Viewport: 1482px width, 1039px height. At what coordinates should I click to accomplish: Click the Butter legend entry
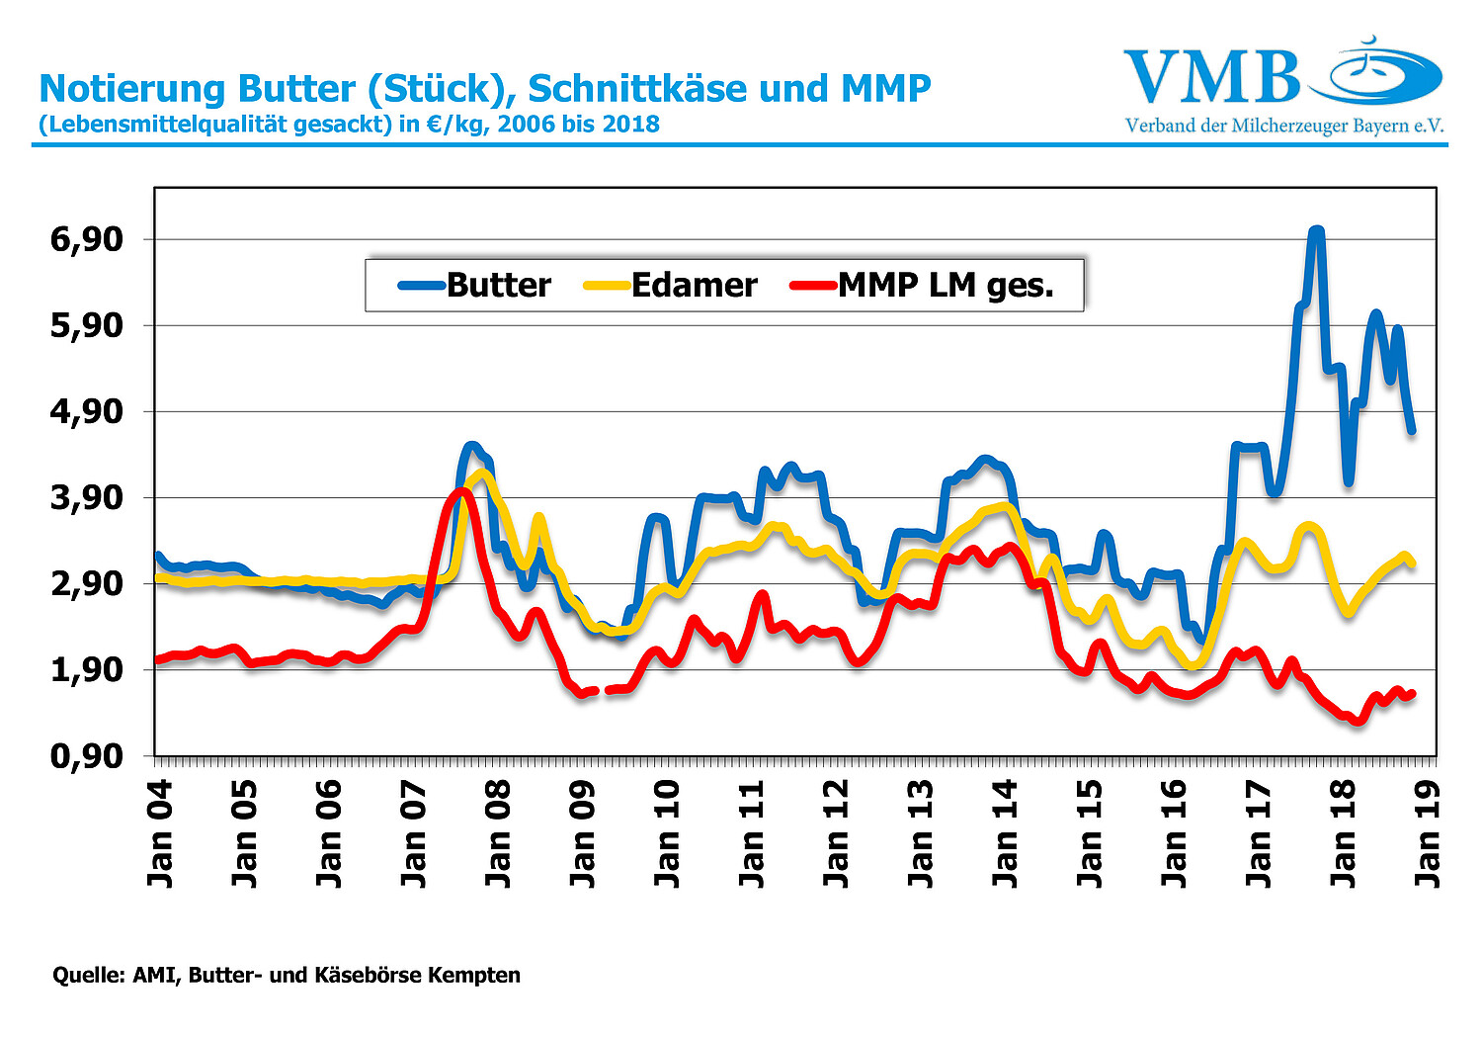point(475,286)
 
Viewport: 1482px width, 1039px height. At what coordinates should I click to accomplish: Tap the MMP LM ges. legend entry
point(923,286)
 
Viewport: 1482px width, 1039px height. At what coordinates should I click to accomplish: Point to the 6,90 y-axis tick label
point(87,239)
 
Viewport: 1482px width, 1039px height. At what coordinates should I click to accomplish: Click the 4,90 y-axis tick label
point(87,411)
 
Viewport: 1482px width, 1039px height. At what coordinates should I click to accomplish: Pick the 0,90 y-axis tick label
point(87,756)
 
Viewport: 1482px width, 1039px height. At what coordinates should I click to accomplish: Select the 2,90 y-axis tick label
point(87,583)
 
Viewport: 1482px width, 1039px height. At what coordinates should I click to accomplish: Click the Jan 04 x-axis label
point(160,832)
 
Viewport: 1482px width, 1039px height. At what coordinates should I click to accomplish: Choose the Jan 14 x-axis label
point(1004,832)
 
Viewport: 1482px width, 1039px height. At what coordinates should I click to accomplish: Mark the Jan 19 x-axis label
point(1427,832)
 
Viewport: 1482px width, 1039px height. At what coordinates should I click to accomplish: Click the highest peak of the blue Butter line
point(1316,232)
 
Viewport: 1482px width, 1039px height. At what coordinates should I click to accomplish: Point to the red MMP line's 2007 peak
point(461,491)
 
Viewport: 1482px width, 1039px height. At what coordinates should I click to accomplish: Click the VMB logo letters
point(1212,77)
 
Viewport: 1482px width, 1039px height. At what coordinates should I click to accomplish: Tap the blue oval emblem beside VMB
point(1375,75)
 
